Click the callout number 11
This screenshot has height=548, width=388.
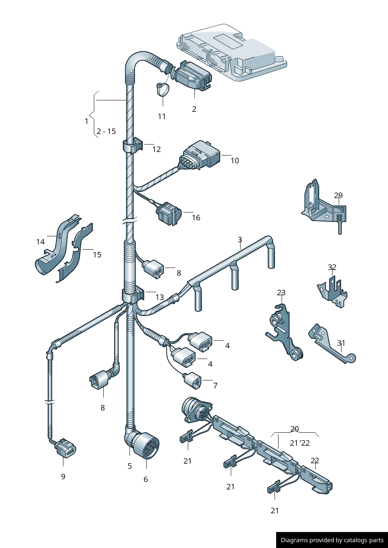click(x=162, y=116)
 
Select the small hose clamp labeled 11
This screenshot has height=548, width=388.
click(x=163, y=89)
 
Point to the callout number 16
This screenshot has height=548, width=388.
click(x=196, y=218)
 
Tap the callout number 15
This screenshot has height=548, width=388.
click(x=97, y=255)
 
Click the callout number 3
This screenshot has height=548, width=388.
click(x=240, y=239)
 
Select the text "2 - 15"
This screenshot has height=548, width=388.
click(x=106, y=131)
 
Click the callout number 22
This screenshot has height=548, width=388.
click(x=315, y=461)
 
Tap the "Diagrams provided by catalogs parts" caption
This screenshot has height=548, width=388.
click(x=332, y=540)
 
